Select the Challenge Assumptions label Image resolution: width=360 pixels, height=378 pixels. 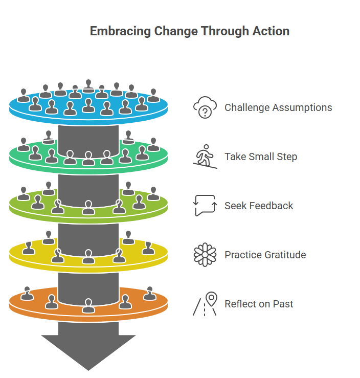coord(278,108)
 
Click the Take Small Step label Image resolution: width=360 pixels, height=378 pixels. coord(261,157)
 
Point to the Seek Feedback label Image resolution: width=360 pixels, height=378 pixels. coord(259,206)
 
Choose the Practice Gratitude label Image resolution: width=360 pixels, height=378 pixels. coord(265,255)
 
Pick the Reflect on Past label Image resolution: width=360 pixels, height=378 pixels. coord(259,304)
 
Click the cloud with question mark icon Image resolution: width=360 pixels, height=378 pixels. coord(205,108)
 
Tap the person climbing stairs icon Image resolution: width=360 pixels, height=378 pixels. coord(205,157)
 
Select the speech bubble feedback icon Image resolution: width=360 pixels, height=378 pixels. coord(205,206)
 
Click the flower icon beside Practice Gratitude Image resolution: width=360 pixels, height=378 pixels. coord(205,255)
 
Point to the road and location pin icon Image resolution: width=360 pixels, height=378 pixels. coord(205,304)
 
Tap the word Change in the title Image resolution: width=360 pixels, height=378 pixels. coord(164,31)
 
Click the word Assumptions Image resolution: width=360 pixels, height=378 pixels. coord(302,108)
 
